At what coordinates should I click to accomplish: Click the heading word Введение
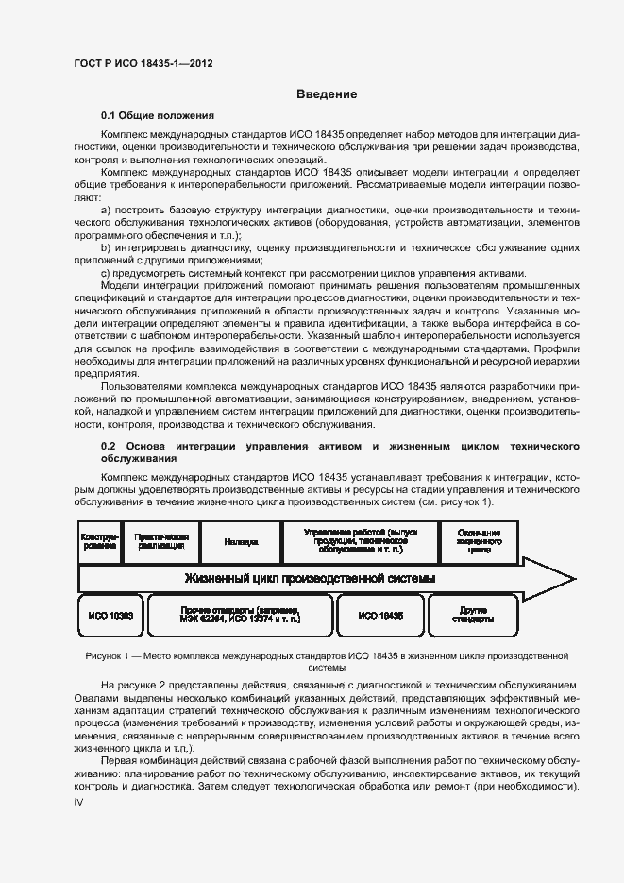coord(327,94)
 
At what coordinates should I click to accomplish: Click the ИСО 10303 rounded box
coord(111,615)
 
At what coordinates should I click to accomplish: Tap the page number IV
coord(79,801)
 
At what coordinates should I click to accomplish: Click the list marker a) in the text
coord(106,209)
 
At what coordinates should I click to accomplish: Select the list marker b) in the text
coord(106,247)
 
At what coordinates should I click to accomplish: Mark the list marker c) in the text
coord(105,274)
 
